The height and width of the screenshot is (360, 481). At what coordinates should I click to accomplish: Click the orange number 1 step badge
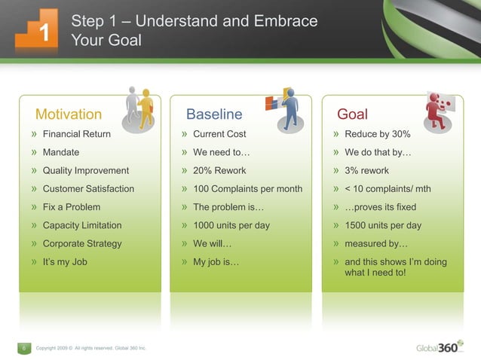point(36,30)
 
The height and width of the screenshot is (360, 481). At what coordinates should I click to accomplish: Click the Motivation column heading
point(68,114)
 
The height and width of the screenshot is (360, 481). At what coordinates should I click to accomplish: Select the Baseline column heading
point(214,114)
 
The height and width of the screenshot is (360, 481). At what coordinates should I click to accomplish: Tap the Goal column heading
point(352,114)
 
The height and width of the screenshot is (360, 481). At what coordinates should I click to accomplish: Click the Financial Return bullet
point(76,134)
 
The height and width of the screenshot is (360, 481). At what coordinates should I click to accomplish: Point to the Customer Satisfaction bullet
point(88,189)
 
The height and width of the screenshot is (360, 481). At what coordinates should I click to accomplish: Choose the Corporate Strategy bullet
point(81,244)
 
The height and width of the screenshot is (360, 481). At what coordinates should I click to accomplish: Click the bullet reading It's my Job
point(65,262)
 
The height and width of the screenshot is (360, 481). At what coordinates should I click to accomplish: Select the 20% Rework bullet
point(219,171)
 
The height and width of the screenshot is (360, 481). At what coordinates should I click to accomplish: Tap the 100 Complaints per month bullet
point(247,189)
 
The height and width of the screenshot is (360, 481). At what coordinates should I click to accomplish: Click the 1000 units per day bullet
point(231,225)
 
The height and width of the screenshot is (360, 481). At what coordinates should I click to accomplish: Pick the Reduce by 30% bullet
point(377,134)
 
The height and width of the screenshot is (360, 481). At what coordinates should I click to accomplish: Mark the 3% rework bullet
point(366,171)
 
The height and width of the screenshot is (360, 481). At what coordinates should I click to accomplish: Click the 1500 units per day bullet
point(382,225)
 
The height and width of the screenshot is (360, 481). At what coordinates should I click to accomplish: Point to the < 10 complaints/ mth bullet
point(388,189)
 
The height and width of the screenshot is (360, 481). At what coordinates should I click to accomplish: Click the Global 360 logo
point(440,347)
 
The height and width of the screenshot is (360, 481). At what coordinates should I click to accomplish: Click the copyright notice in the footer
point(91,348)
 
